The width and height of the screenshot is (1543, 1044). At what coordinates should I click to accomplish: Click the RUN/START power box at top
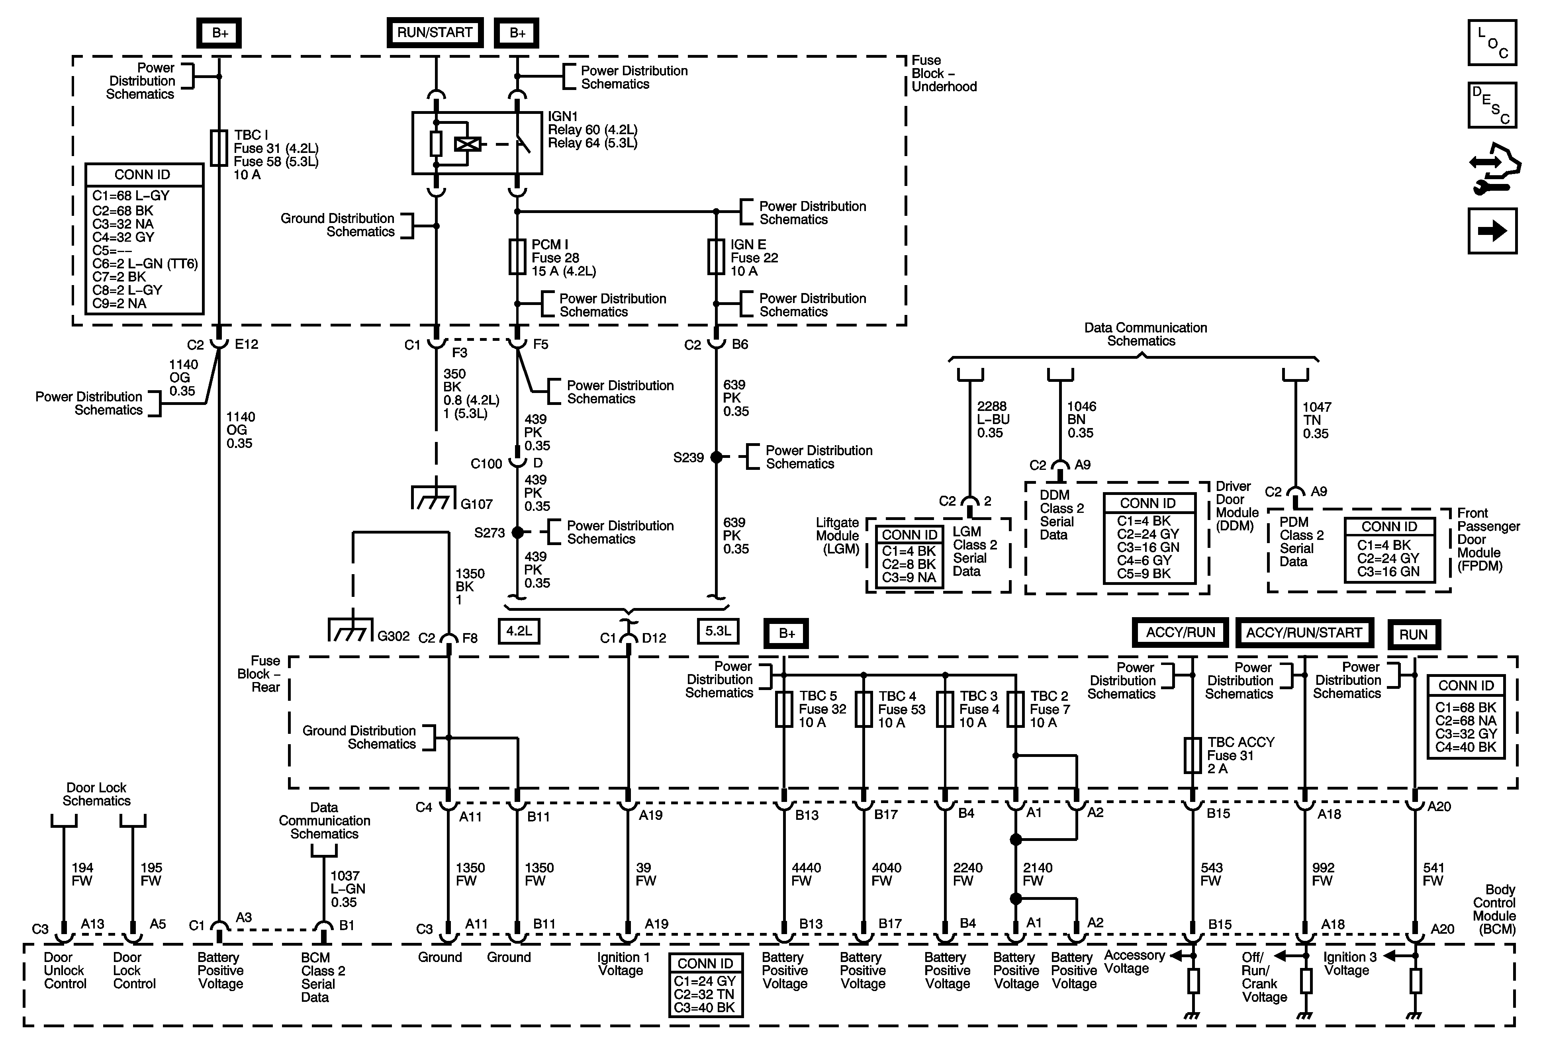coord(435,33)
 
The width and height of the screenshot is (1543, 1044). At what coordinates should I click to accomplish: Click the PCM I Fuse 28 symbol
coord(517,257)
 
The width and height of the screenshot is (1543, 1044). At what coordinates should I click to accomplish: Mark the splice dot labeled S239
coord(717,457)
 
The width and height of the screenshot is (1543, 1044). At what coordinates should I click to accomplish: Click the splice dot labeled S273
coord(518,532)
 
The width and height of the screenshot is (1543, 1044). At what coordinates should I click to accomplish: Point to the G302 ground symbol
coord(349,631)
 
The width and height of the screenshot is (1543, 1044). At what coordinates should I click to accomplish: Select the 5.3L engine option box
coord(718,631)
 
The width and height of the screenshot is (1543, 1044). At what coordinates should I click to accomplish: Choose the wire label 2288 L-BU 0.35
coord(993,419)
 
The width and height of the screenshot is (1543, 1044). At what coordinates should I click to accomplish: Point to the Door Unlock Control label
coord(65,970)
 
